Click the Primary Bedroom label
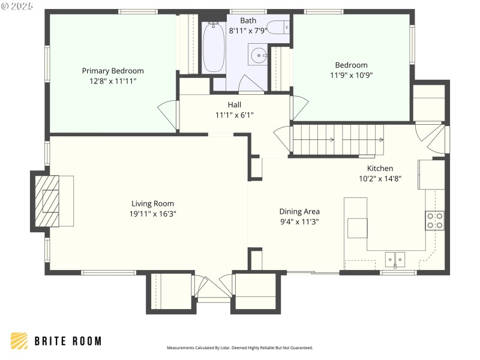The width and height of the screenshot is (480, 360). (x=113, y=71)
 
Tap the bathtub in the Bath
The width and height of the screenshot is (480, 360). (x=213, y=47)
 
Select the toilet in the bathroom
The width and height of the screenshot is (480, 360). (x=278, y=26)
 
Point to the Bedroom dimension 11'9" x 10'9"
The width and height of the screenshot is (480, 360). (x=351, y=75)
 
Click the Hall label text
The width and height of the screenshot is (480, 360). (x=234, y=105)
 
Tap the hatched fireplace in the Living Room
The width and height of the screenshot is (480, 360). (x=47, y=200)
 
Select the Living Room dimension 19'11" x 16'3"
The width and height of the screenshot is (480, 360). (x=152, y=213)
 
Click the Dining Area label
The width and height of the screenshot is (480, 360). (x=299, y=211)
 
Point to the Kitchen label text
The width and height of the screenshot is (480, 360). (x=380, y=169)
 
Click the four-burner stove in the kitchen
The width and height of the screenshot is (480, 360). (x=435, y=221)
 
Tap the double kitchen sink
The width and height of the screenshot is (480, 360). (x=395, y=260)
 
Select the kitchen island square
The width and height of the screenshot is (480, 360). (x=357, y=227)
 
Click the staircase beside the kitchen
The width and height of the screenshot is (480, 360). (x=337, y=139)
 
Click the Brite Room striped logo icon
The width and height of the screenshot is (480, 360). (x=19, y=341)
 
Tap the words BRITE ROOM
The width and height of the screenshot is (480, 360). (x=67, y=341)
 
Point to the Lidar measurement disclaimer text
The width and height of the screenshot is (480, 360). (x=239, y=348)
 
